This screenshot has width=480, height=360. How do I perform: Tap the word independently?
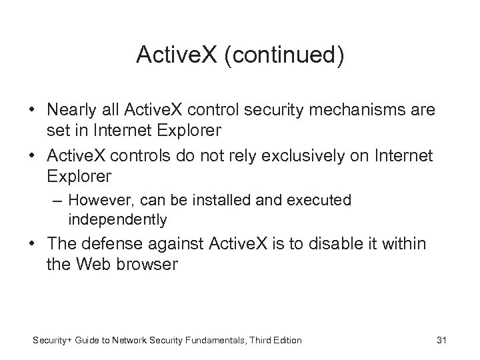[x=117, y=219]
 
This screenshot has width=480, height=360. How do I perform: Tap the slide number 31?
[x=441, y=341]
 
